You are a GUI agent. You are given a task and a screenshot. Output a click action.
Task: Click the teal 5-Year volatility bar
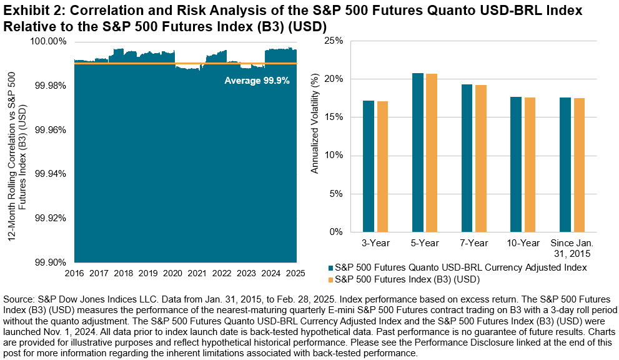pos(418,152)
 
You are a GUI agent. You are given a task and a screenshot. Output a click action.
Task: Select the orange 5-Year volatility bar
pos(432,153)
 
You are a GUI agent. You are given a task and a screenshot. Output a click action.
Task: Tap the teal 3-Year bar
pos(369,166)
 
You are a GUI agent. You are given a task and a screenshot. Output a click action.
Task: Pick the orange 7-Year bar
pos(481,159)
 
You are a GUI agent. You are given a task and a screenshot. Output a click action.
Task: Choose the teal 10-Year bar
pos(516,164)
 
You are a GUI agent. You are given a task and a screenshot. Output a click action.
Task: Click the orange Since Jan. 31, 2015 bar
pos(579,165)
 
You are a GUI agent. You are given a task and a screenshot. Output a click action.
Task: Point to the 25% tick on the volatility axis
pos(334,41)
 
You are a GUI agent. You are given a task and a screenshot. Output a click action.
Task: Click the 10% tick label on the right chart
pos(334,155)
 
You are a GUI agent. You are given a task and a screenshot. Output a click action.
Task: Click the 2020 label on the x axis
pos(172,273)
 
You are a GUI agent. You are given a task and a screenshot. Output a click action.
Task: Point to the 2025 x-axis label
pos(295,273)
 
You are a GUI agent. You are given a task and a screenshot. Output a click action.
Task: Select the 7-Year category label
pos(473,243)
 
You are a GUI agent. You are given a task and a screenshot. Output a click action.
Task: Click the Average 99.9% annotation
pos(257,81)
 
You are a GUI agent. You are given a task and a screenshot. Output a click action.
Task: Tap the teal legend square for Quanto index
pos(331,267)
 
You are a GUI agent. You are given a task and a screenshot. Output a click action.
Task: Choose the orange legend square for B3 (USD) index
pos(331,279)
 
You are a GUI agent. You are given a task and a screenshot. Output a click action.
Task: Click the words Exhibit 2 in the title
pos(29,10)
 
